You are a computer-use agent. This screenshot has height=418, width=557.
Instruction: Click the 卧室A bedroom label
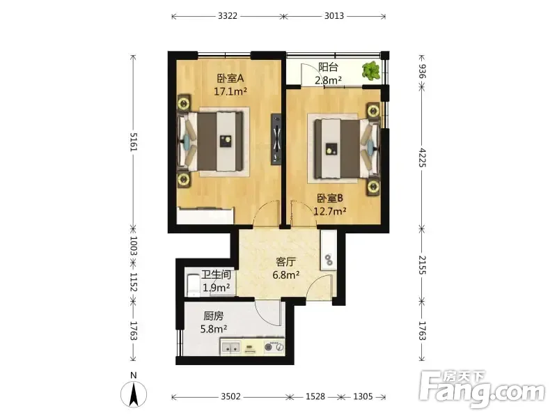(x=230, y=78)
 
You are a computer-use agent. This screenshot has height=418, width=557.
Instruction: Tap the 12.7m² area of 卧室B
(x=330, y=212)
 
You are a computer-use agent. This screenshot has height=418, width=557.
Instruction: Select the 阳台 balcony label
(x=328, y=67)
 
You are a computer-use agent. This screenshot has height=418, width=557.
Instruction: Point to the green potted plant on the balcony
(x=371, y=70)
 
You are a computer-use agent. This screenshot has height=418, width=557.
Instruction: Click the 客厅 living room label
(x=285, y=262)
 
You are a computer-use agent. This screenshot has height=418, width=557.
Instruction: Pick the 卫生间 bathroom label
(x=216, y=274)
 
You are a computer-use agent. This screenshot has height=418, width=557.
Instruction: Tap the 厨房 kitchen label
(x=213, y=316)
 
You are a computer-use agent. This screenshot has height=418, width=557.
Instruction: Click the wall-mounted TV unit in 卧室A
(x=276, y=139)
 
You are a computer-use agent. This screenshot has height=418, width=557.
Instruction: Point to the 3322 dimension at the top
(x=228, y=16)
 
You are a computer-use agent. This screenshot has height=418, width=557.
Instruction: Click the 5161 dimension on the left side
(x=133, y=141)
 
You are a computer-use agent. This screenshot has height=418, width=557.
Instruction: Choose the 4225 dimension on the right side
(x=422, y=157)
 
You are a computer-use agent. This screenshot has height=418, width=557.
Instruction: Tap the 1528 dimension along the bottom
(x=315, y=396)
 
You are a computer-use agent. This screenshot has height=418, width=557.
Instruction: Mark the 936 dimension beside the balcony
(x=422, y=71)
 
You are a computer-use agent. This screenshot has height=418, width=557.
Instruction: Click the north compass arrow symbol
(x=134, y=394)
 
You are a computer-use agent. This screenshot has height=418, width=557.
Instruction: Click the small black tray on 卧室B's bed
(x=331, y=148)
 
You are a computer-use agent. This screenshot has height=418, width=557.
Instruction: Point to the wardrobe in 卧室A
(x=205, y=215)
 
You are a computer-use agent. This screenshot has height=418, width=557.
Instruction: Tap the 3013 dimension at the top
(x=334, y=16)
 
